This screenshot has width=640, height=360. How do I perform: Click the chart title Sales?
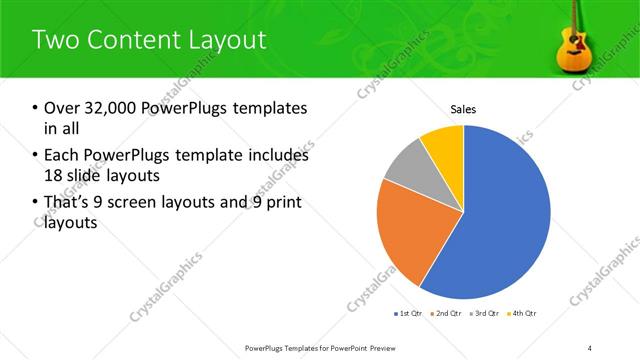(462, 109)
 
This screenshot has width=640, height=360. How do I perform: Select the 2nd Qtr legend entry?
(447, 313)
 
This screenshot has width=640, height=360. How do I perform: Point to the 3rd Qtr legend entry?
(484, 313)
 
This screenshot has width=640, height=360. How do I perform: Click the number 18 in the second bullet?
(54, 176)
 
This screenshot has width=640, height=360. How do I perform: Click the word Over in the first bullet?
(62, 108)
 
